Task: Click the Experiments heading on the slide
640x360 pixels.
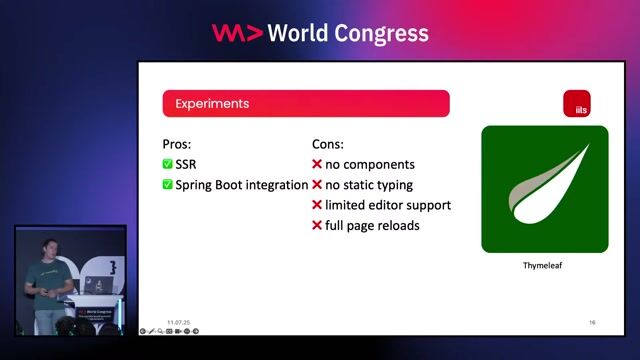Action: (212, 104)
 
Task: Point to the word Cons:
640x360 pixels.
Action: (328, 144)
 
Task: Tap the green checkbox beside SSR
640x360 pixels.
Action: (167, 164)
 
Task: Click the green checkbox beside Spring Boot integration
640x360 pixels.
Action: (167, 185)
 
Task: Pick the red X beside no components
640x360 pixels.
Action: (317, 164)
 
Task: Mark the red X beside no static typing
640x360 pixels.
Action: (317, 185)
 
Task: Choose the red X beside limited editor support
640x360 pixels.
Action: (317, 205)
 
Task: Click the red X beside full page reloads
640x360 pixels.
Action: (317, 226)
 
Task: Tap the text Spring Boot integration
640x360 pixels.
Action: (241, 185)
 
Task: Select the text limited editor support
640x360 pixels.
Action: (388, 205)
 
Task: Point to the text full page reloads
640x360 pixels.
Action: (372, 226)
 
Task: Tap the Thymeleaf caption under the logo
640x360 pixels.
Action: (545, 267)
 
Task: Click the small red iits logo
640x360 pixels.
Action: (576, 104)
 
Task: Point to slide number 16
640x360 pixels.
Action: (592, 322)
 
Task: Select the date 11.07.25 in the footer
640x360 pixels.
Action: (180, 322)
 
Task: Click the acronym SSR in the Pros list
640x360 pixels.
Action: (187, 164)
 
